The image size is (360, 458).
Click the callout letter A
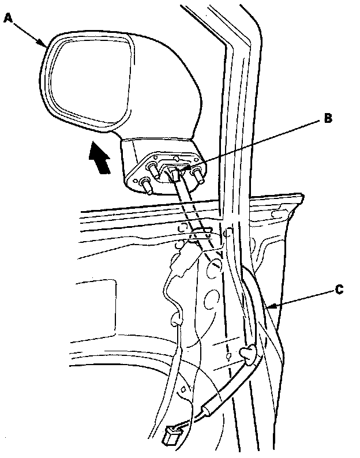point(8,18)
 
